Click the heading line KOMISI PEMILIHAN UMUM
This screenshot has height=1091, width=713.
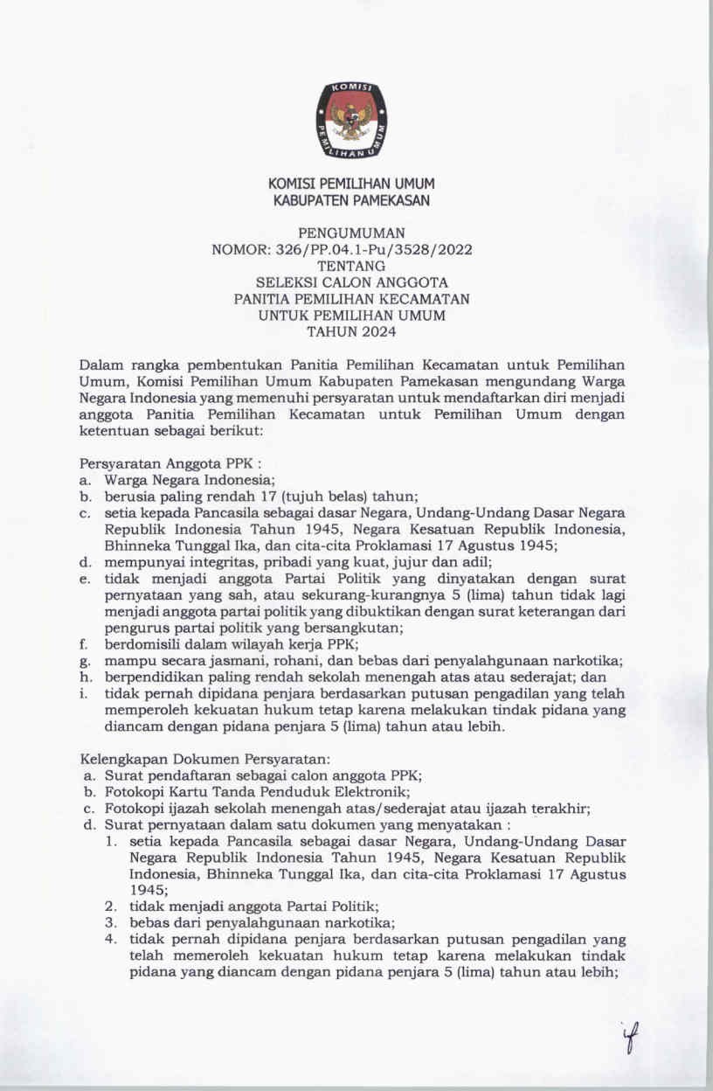pyautogui.click(x=351, y=184)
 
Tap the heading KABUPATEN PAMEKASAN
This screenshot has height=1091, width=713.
pyautogui.click(x=351, y=201)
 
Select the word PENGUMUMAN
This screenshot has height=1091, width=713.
pyautogui.click(x=351, y=233)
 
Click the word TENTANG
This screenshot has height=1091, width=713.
pyautogui.click(x=351, y=266)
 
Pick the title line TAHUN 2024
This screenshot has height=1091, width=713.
pyautogui.click(x=351, y=331)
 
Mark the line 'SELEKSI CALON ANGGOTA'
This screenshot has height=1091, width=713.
pyautogui.click(x=351, y=282)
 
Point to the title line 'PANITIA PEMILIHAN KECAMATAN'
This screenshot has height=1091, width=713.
pyautogui.click(x=351, y=299)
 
